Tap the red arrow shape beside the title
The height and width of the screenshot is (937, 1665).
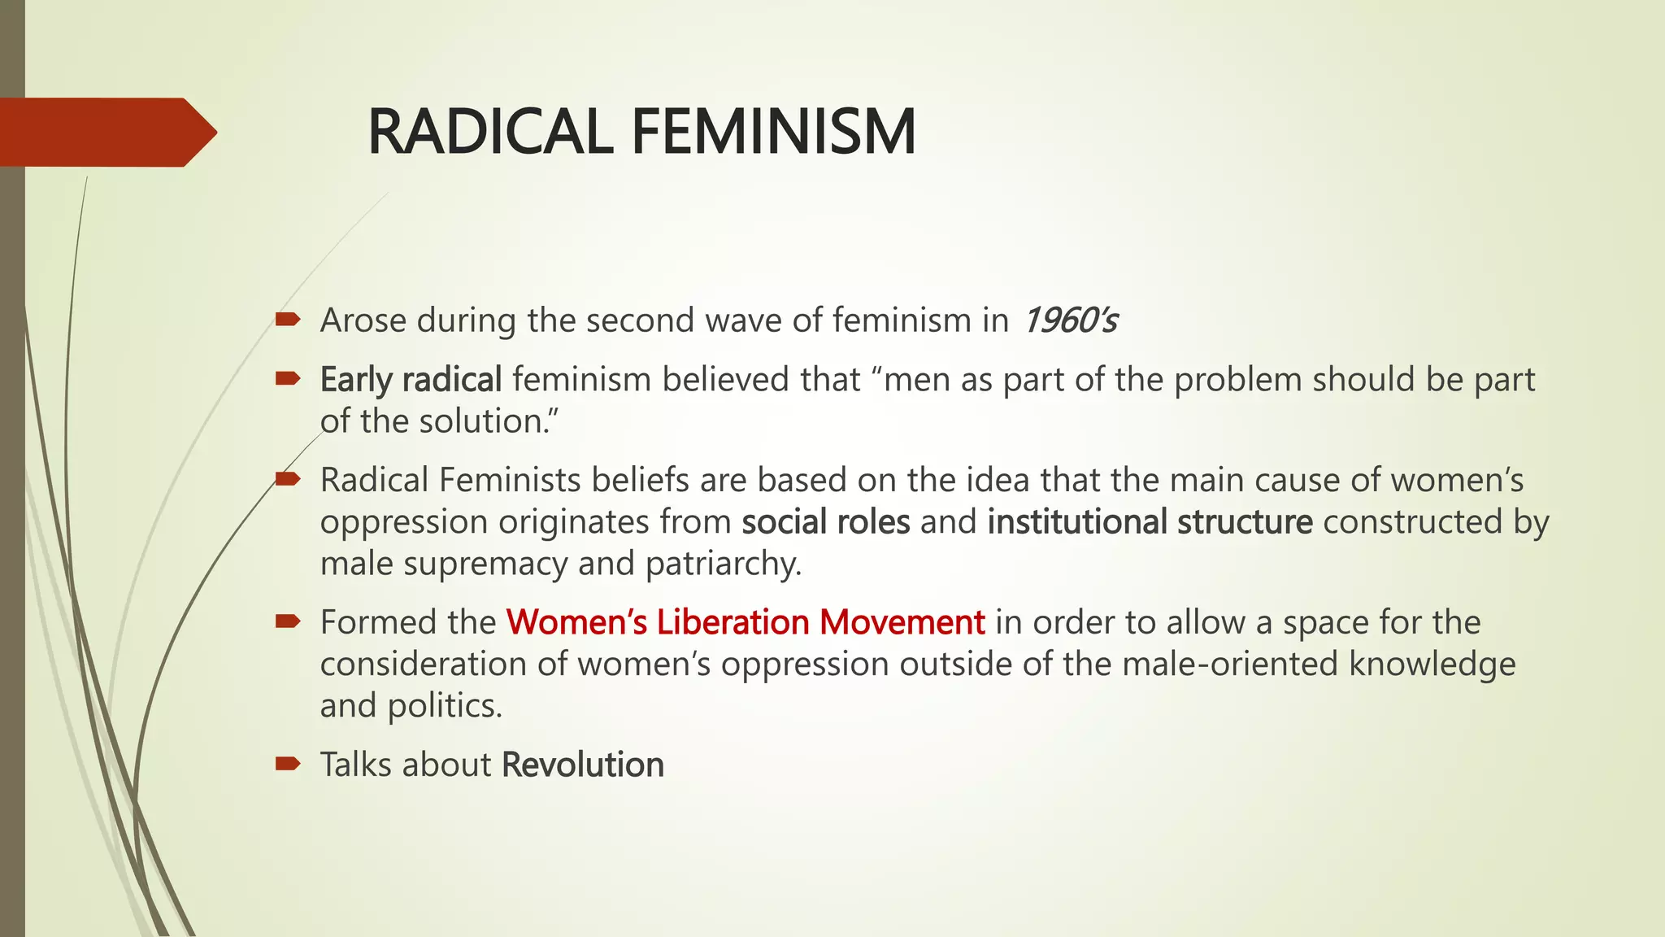[x=106, y=132]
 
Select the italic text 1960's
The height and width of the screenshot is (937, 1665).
[x=1070, y=320]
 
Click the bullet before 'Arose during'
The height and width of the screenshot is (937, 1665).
[x=288, y=320]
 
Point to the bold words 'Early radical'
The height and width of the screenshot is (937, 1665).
[x=411, y=380]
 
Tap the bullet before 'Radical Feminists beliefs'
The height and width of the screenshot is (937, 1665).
[x=288, y=479]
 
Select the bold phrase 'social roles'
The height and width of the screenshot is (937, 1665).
[x=825, y=522]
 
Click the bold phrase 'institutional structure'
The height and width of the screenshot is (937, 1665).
[x=1150, y=522]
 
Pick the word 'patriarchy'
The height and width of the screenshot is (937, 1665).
[x=723, y=564]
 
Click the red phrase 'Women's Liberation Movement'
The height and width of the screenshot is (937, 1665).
[x=746, y=622]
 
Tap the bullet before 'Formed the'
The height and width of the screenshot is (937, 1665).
[x=288, y=622]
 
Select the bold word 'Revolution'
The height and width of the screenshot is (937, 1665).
[x=583, y=765]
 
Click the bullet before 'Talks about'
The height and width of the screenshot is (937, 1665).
[x=288, y=764]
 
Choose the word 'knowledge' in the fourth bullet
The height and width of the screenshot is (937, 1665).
[x=1432, y=664]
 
